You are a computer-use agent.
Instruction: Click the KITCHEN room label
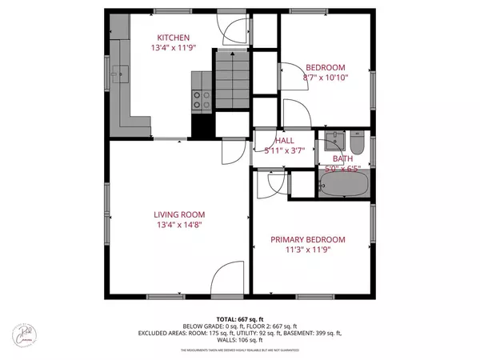tap(173, 38)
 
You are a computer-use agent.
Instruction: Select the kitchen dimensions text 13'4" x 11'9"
tap(173, 48)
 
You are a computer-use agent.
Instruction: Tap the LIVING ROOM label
tap(179, 214)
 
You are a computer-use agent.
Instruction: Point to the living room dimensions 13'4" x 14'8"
tap(179, 225)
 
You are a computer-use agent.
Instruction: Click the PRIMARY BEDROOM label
tap(307, 239)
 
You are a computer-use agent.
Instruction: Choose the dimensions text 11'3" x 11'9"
tap(307, 250)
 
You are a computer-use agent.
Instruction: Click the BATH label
tap(342, 158)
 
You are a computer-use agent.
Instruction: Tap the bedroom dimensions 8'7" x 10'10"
tap(323, 78)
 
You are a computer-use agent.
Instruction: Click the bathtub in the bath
tap(342, 187)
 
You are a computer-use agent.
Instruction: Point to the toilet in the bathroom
tap(358, 144)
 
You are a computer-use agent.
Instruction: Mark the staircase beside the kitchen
tap(231, 80)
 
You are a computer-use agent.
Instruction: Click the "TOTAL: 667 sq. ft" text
tap(239, 318)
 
